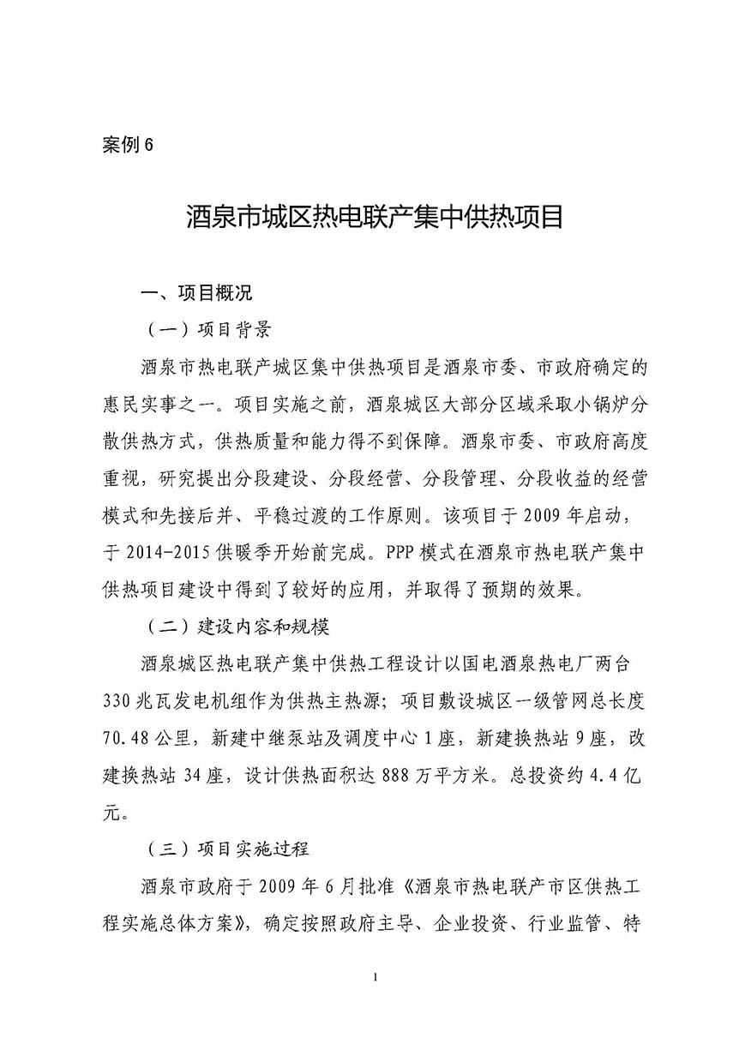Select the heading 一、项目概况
click(x=197, y=293)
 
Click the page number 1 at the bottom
click(x=375, y=977)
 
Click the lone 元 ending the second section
click(x=111, y=812)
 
